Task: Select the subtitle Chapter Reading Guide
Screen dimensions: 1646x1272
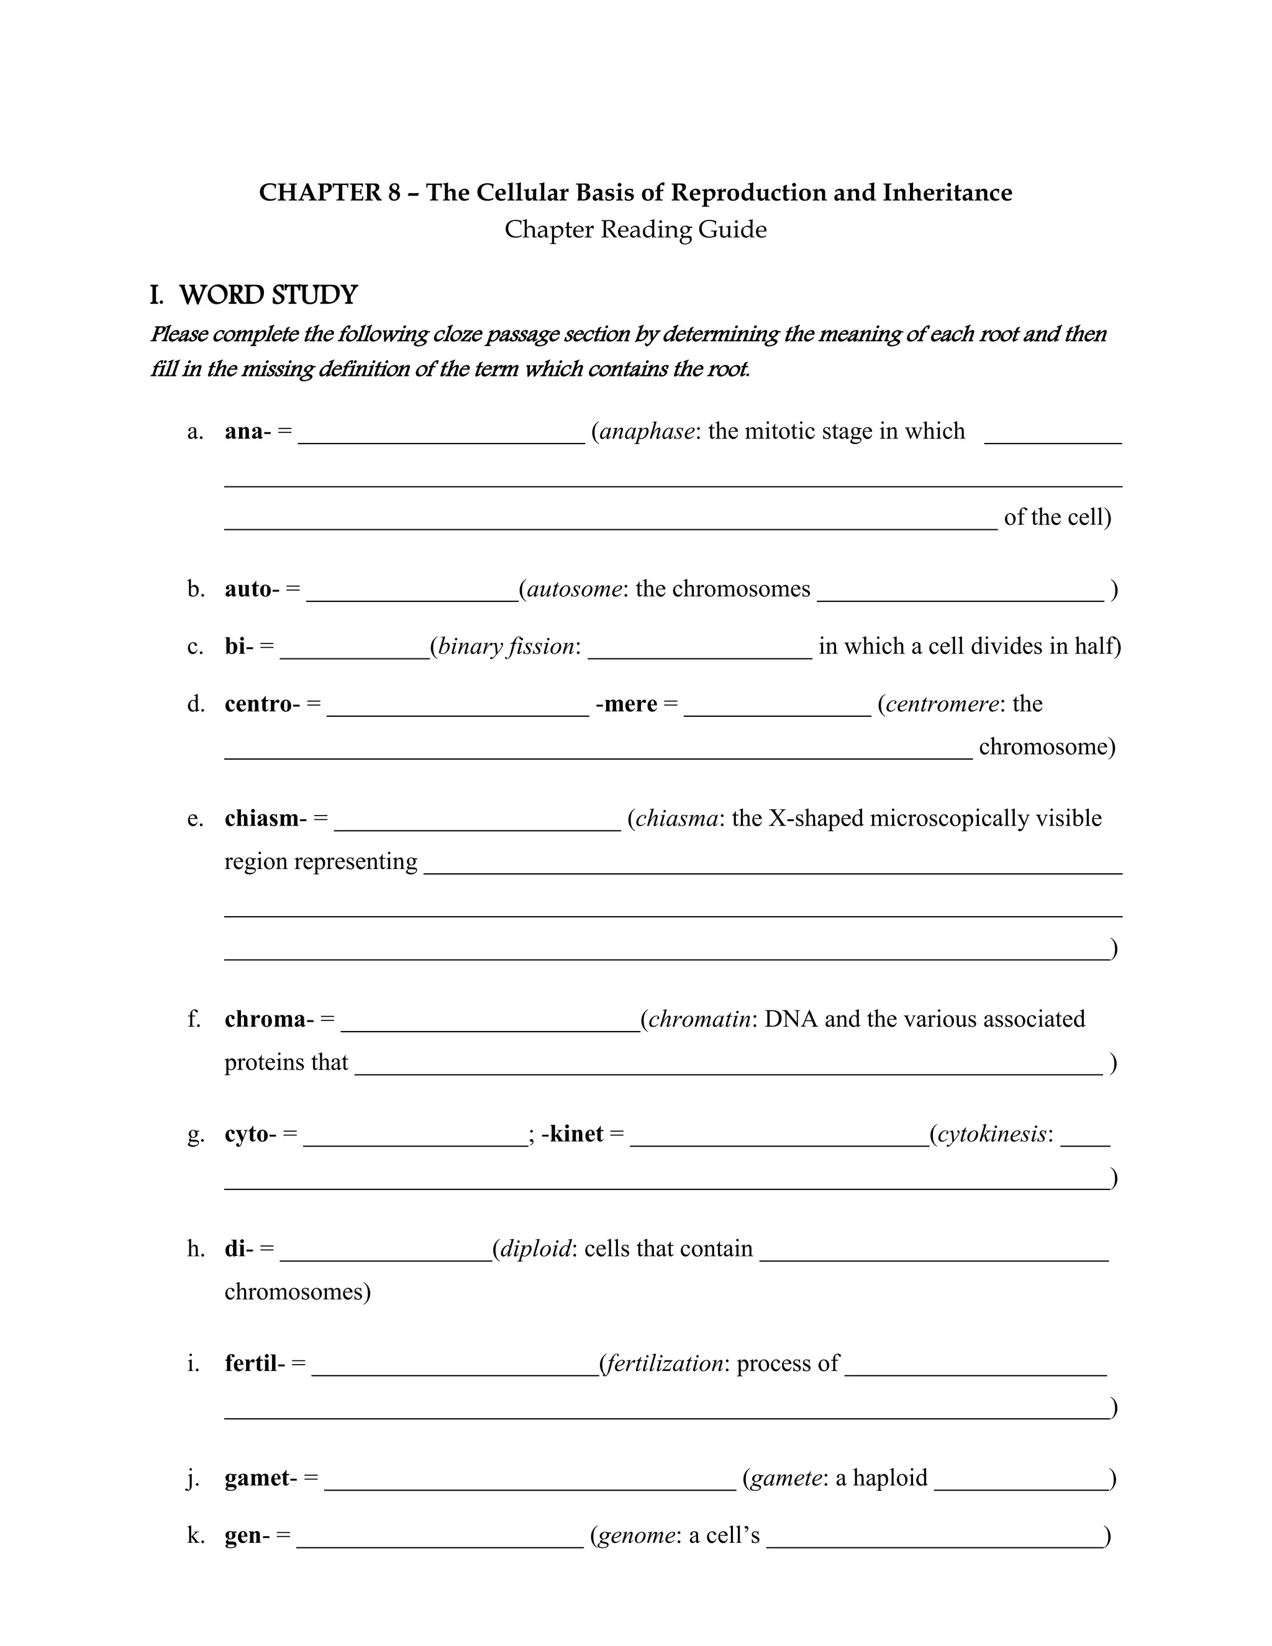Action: click(x=635, y=229)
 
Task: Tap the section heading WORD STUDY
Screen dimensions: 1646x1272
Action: click(x=268, y=294)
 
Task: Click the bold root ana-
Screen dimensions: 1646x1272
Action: click(x=247, y=431)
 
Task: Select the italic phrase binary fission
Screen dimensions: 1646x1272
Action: click(x=506, y=646)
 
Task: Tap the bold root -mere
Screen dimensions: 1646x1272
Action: click(x=626, y=703)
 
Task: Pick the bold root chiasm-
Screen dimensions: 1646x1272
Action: click(x=265, y=819)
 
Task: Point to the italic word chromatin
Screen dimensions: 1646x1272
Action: click(x=699, y=1019)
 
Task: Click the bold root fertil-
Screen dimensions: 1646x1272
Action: click(x=255, y=1363)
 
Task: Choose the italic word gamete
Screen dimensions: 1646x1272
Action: click(x=785, y=1478)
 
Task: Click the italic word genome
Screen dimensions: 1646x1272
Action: click(x=636, y=1535)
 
